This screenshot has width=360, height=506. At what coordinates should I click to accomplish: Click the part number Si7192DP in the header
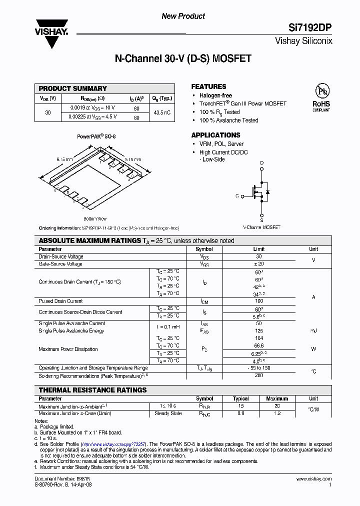311,28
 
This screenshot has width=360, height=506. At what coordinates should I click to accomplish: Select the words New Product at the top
183,16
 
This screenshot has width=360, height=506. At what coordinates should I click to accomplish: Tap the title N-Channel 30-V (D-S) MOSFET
183,59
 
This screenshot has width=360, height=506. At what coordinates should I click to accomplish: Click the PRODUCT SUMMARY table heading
73,88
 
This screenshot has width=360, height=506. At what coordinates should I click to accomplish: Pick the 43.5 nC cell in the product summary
162,112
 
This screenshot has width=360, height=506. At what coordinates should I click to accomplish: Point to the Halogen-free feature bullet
215,95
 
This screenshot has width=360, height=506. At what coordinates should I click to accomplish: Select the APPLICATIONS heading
215,135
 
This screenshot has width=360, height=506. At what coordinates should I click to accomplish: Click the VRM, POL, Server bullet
221,144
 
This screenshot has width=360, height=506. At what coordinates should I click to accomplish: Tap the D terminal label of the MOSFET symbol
261,163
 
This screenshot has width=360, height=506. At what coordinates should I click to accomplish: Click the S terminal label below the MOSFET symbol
261,220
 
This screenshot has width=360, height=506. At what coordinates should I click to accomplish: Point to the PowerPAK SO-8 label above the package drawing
96,136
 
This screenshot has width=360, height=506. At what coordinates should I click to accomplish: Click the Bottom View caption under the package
95,218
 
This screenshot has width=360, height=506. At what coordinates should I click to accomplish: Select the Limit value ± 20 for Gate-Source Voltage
259,264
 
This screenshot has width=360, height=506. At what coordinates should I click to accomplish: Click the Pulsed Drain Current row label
61,301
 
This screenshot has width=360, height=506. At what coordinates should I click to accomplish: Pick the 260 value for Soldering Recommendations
259,375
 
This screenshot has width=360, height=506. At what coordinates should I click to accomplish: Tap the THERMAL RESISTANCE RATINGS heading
93,390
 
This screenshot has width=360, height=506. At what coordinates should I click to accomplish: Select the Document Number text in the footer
55,479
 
